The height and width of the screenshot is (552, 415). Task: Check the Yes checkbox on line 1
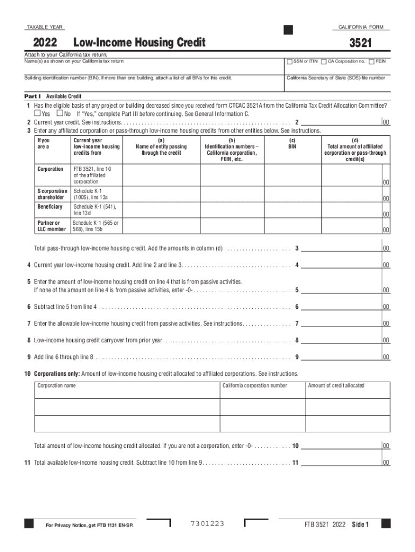click(x=37, y=114)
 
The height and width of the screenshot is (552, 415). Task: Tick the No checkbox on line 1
click(x=59, y=114)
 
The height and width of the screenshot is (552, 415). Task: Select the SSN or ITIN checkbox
click(x=289, y=61)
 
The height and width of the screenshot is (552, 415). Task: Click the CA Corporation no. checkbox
click(x=323, y=61)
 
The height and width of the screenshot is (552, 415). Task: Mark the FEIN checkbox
click(x=372, y=61)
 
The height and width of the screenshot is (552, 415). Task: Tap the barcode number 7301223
click(x=207, y=524)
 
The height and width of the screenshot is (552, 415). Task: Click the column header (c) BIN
click(x=292, y=143)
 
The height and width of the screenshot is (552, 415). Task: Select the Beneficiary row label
click(x=50, y=207)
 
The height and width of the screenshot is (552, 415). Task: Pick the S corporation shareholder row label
click(x=52, y=194)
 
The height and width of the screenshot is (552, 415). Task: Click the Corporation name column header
click(x=57, y=385)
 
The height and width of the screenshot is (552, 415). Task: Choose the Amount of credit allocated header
click(x=336, y=385)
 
